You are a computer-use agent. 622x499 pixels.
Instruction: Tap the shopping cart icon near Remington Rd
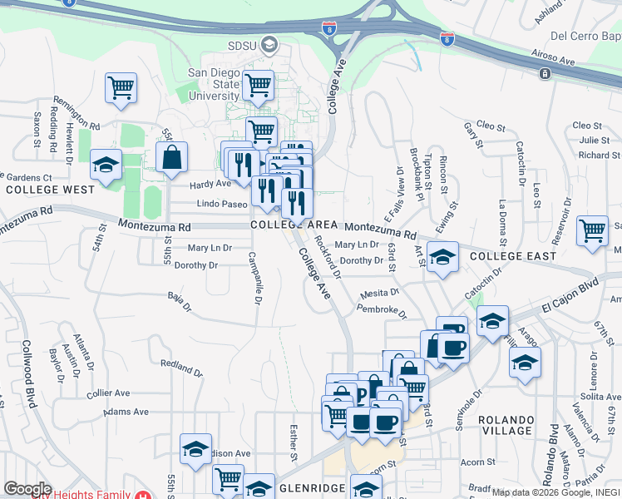tap(121, 88)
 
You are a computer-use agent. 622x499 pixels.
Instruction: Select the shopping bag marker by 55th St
tap(171, 158)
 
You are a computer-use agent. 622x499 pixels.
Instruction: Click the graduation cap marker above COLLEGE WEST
tap(106, 166)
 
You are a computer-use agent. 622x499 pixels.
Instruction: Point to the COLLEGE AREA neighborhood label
tap(294, 225)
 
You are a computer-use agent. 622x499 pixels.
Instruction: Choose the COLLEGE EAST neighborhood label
tap(512, 256)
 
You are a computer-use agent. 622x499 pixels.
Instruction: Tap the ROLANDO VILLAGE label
tap(506, 425)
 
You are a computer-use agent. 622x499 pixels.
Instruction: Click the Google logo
tap(28, 489)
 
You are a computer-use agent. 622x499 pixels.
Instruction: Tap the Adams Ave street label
tap(127, 412)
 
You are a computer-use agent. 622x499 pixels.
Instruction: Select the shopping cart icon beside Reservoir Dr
tap(592, 230)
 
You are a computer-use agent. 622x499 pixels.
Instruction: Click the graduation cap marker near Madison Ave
tap(195, 450)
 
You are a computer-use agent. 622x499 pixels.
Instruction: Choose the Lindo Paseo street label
tap(222, 204)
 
